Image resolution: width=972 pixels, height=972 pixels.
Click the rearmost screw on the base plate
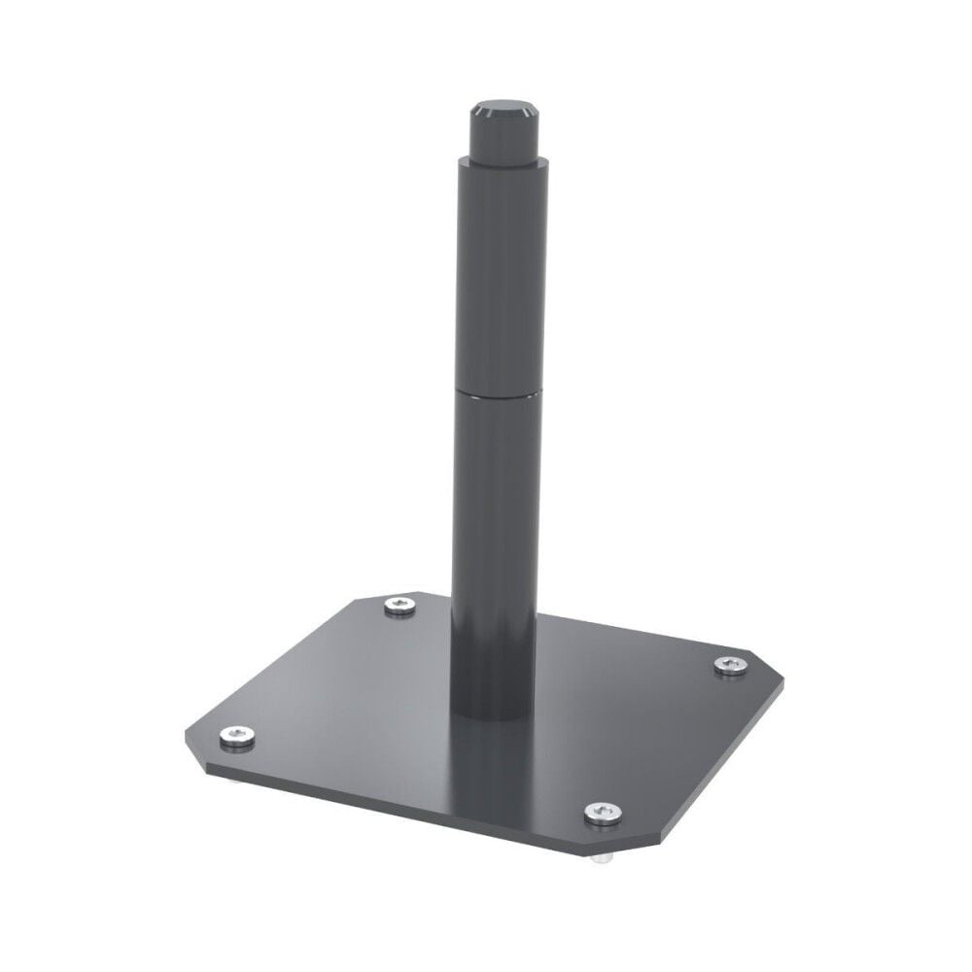(398, 607)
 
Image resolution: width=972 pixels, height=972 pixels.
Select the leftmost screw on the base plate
(236, 739)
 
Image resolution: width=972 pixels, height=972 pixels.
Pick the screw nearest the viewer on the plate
(602, 813)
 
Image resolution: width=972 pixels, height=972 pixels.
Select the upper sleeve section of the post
(497, 272)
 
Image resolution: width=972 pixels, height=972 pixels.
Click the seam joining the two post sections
(497, 392)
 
